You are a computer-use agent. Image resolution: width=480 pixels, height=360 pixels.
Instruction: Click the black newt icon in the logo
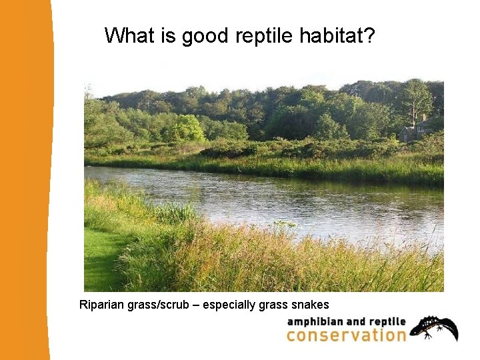(x=434, y=327)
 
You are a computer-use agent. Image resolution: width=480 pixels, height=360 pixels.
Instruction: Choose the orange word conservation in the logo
(x=345, y=335)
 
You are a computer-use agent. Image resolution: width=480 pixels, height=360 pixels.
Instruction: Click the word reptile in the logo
(x=387, y=321)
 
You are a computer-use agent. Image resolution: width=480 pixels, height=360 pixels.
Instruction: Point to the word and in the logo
(x=353, y=321)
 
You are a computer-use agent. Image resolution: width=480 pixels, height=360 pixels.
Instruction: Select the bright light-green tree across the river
(x=187, y=128)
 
